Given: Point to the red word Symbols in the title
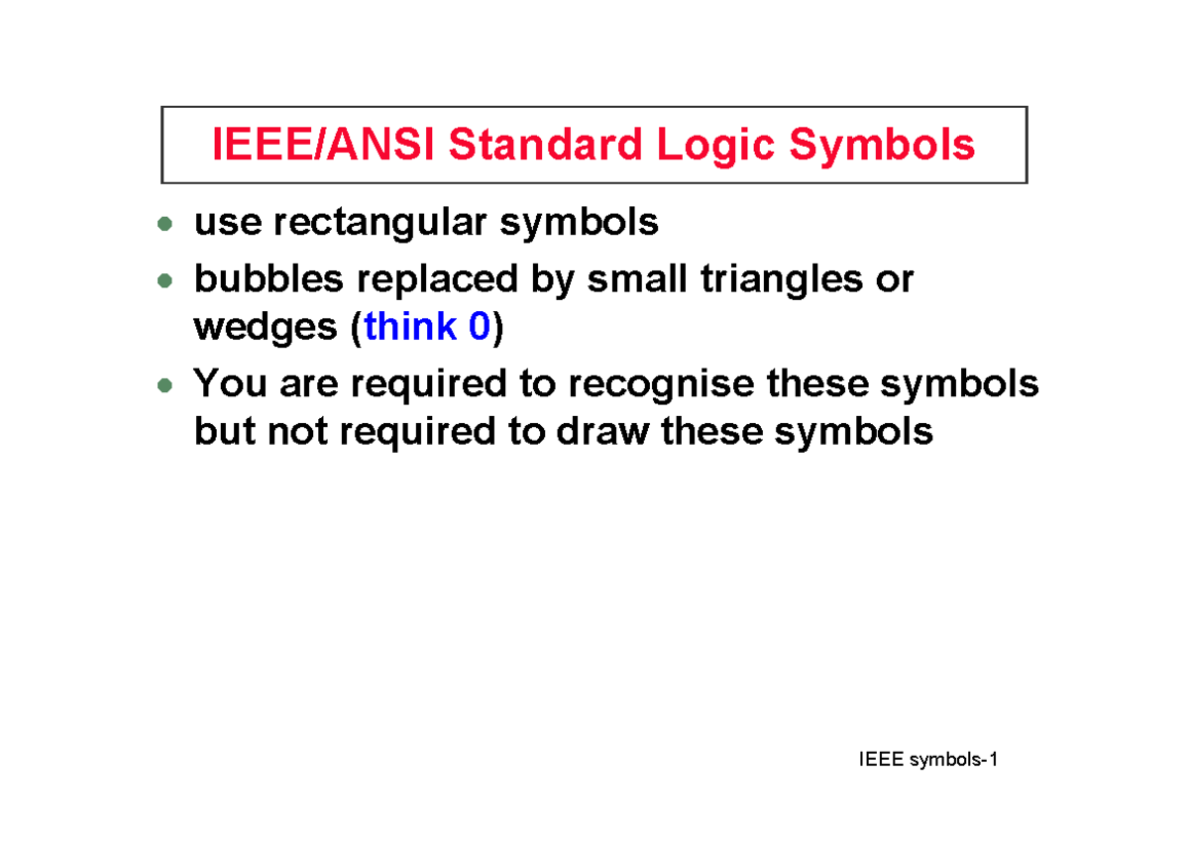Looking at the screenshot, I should click(882, 146).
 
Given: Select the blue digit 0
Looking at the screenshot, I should click(480, 327).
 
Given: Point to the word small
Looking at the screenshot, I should click(636, 280).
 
